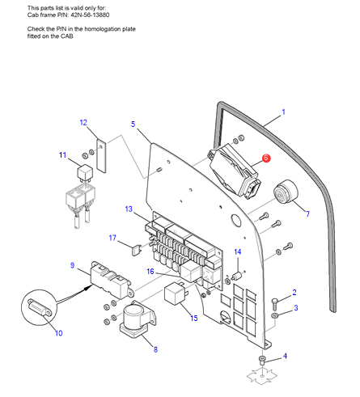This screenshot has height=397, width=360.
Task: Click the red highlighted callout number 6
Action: (266, 158)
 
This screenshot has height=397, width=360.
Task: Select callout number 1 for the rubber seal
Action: (283, 112)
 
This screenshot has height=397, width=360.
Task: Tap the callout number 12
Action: (83, 123)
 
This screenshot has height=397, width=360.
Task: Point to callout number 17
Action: (112, 238)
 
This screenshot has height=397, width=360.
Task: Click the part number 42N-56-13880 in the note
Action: (90, 15)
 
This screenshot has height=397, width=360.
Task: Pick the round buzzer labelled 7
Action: (286, 192)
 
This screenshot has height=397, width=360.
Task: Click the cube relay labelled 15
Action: (176, 293)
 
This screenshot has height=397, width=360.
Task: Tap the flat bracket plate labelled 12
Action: (101, 156)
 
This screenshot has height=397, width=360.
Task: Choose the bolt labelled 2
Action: (275, 304)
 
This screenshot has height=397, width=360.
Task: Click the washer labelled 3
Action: (274, 316)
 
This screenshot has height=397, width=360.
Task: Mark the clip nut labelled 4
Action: (262, 360)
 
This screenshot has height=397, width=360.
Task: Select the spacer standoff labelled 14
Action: (237, 277)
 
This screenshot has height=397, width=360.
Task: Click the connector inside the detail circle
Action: (40, 306)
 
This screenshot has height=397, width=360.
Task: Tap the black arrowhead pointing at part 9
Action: (87, 288)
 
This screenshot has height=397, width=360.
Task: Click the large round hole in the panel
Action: (235, 220)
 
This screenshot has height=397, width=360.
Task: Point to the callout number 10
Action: (58, 333)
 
